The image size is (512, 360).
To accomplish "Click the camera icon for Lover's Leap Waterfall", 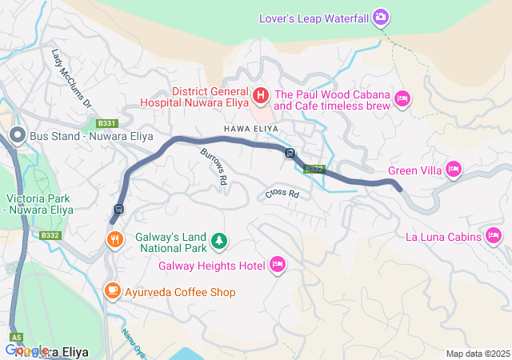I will [382, 17].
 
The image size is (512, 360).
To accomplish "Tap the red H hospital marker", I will [261, 96].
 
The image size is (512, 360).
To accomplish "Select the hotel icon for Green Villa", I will [454, 170].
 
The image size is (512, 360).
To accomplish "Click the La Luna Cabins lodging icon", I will [494, 236].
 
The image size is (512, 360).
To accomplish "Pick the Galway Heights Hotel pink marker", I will [278, 265].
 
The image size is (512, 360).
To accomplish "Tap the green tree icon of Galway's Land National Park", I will [218, 239].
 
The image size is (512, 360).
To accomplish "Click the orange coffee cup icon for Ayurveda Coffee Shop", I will [112, 291].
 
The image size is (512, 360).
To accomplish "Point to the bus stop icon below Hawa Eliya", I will [290, 154].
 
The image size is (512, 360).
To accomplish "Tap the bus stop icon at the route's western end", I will [118, 210].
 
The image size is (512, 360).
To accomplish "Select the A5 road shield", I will [17, 338].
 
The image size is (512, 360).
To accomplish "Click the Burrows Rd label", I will [214, 167].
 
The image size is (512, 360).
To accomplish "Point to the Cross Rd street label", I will [282, 194].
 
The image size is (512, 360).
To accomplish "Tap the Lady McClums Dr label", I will [72, 79].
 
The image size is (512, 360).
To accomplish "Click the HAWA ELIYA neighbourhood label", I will [250, 128].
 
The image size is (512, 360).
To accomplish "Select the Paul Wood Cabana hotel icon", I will [403, 98].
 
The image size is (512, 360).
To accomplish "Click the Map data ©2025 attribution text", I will [477, 354].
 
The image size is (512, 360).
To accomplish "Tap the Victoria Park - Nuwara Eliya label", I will [39, 203].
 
